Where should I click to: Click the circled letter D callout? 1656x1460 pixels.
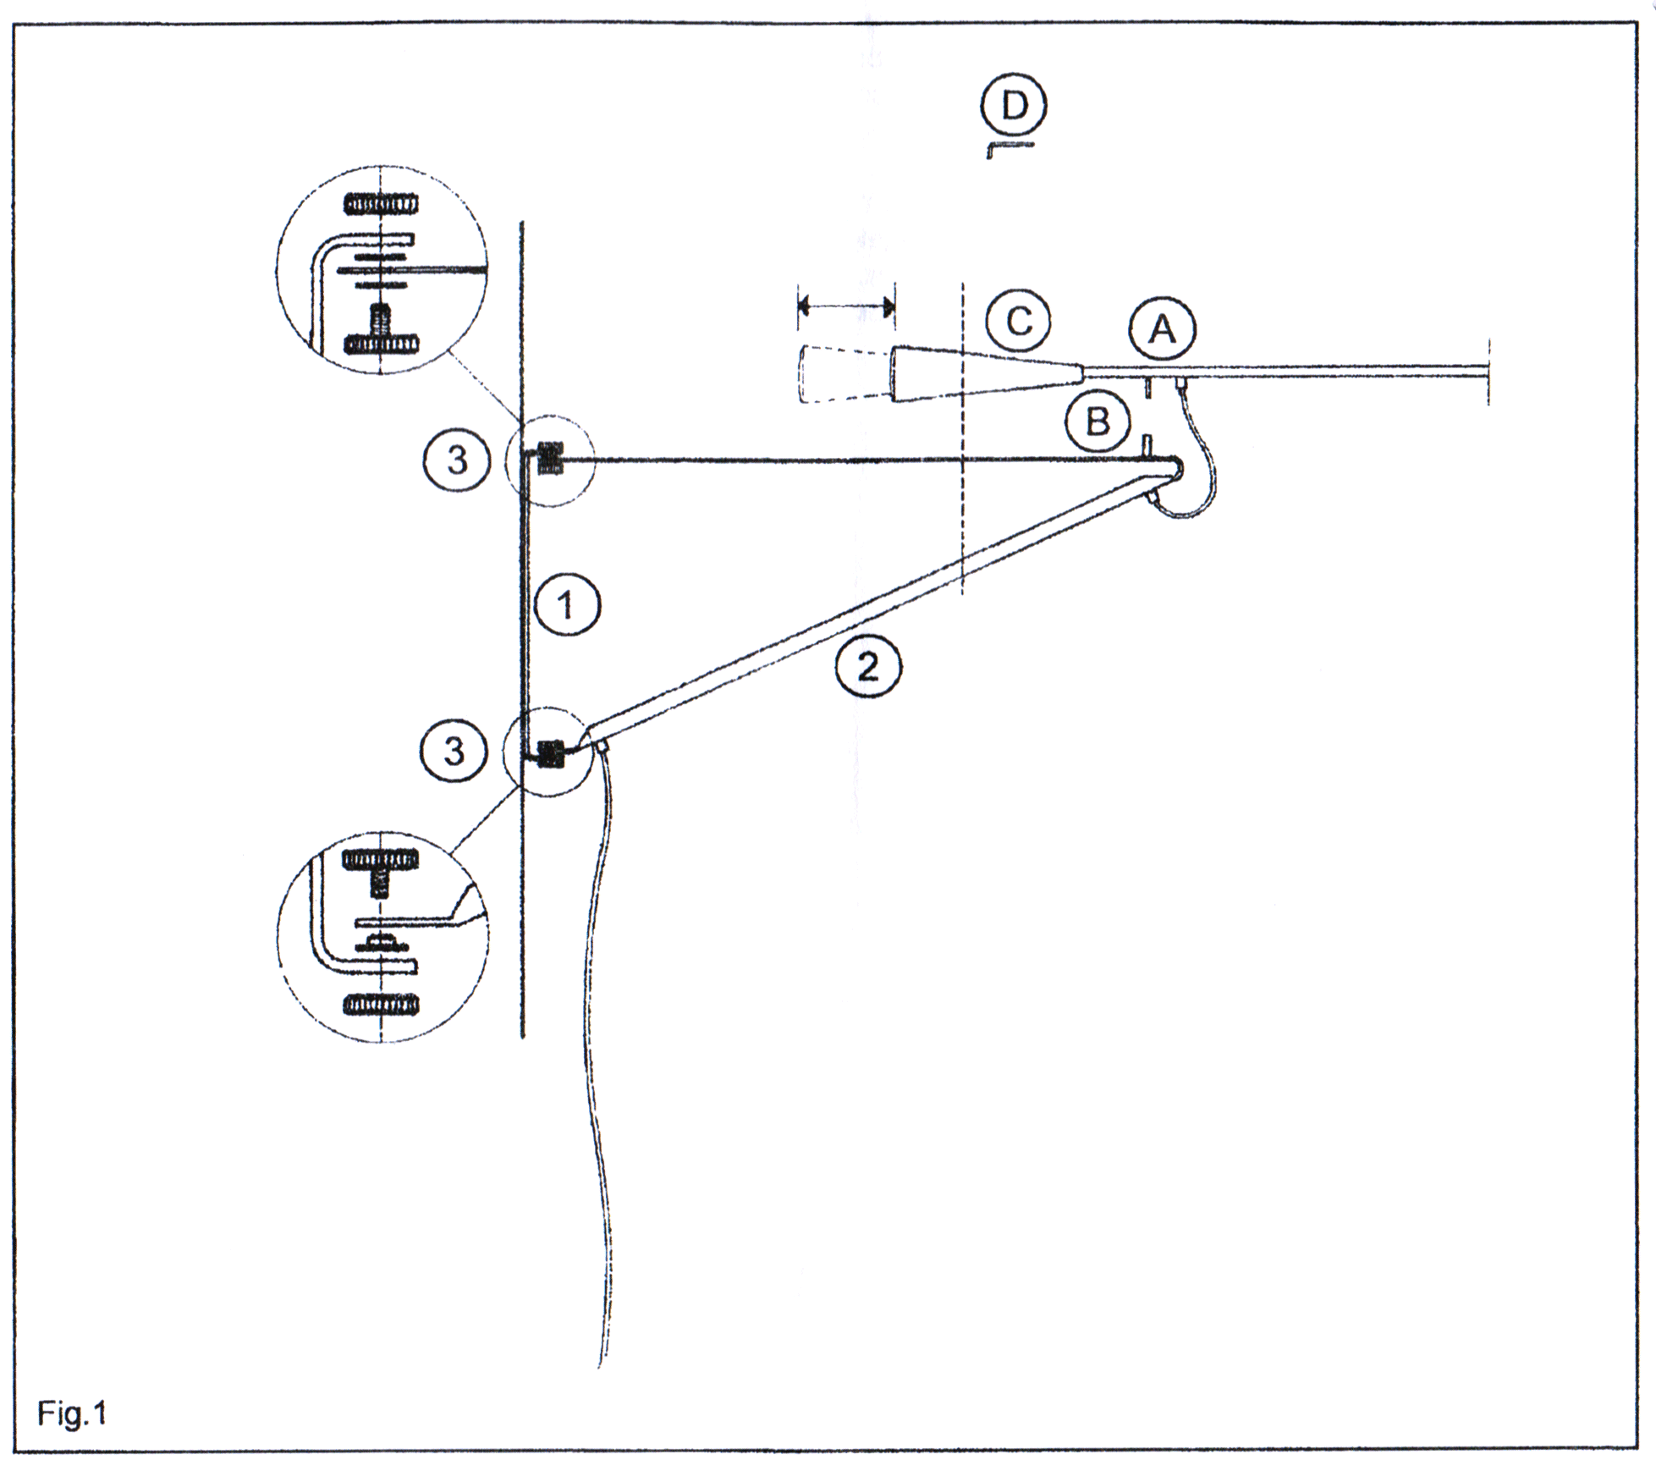click(1013, 107)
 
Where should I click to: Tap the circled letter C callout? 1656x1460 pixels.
click(1019, 322)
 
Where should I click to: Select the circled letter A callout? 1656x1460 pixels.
click(1163, 330)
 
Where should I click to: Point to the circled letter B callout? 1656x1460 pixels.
click(1098, 421)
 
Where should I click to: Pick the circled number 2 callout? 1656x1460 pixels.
click(869, 668)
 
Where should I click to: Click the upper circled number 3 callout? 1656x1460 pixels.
click(457, 461)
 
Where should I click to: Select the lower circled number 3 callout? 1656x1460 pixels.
click(454, 751)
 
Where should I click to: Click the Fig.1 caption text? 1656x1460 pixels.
click(72, 1413)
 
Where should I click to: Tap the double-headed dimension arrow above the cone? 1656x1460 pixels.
click(846, 306)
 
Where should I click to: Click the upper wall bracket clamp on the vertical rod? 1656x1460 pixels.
click(549, 459)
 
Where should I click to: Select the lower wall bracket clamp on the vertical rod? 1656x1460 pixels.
click(550, 752)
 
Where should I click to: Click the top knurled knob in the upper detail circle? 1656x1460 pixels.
click(382, 204)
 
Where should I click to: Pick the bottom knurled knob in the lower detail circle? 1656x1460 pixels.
click(381, 1005)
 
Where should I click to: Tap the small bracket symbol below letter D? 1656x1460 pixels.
click(1010, 149)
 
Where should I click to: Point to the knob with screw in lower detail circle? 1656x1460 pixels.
click(381, 868)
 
